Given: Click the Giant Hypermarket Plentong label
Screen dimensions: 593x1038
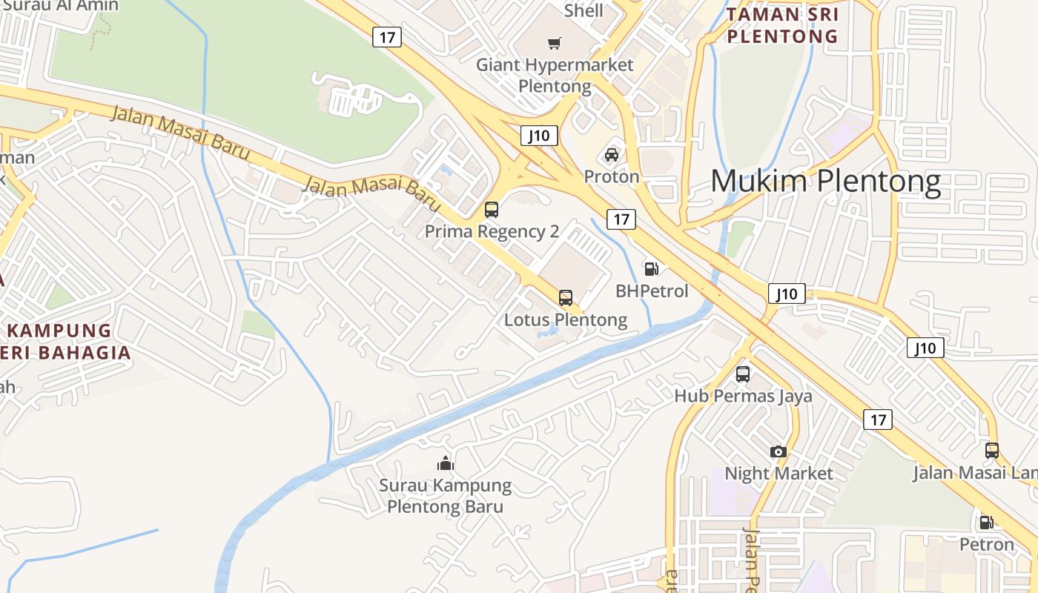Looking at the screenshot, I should (x=555, y=75).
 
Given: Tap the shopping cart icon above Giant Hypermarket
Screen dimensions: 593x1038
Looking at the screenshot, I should (x=555, y=44).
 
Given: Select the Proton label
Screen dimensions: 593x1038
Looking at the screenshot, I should (x=612, y=176).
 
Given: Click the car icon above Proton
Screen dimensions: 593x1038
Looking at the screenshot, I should (x=612, y=155).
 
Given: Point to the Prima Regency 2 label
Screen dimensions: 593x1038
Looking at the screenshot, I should (x=492, y=231).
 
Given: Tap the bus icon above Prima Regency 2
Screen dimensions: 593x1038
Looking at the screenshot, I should (x=492, y=209).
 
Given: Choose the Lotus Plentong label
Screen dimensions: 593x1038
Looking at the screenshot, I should (x=566, y=320).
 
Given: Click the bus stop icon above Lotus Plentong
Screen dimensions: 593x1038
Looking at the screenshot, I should (x=566, y=298).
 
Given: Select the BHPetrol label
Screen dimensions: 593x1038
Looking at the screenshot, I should (x=652, y=291).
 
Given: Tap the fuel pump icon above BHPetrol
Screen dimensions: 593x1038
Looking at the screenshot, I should (x=651, y=269).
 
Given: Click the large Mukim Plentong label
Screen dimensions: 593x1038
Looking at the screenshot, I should (x=825, y=182).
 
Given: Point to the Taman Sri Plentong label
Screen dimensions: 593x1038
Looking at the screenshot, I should (x=782, y=25).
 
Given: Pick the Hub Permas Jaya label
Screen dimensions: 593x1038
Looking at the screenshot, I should (x=743, y=396).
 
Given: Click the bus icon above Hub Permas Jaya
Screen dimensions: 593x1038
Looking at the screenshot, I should (x=743, y=374).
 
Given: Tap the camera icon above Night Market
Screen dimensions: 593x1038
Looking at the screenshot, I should (x=778, y=451).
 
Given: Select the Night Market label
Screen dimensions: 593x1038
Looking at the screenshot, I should (x=778, y=473).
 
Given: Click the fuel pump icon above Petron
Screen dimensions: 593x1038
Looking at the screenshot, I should (x=986, y=523).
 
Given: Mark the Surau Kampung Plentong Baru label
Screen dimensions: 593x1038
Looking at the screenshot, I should (x=445, y=496).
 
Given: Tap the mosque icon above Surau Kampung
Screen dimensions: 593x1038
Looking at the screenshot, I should (x=446, y=464).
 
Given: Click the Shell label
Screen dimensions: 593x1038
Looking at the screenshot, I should (x=584, y=10).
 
